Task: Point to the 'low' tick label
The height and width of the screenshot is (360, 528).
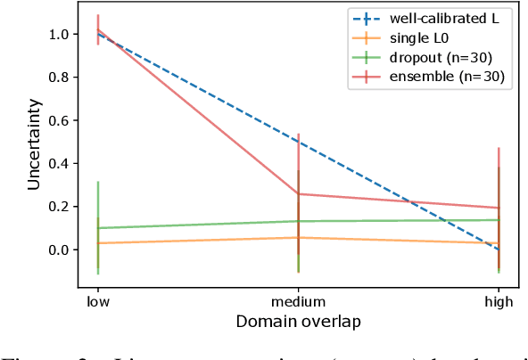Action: click(98, 302)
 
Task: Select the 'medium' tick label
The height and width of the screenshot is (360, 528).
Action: click(298, 302)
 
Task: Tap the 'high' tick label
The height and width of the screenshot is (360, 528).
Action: click(499, 302)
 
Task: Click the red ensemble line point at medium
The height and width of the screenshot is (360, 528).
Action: click(298, 194)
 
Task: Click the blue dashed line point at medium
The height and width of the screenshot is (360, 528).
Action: click(298, 142)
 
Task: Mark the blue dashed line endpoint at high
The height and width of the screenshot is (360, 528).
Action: click(499, 250)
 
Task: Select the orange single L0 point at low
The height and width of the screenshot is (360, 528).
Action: click(98, 243)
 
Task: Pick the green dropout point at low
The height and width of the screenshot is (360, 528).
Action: click(98, 228)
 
